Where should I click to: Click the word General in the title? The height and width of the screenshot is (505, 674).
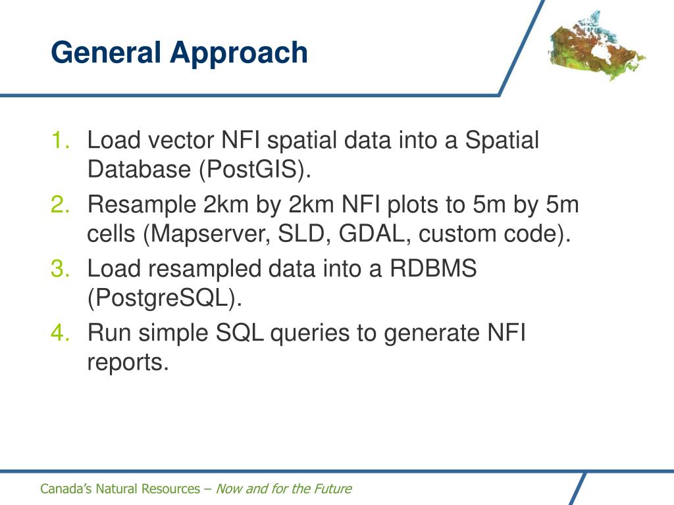[106, 53]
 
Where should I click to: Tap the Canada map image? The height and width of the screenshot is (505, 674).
[596, 47]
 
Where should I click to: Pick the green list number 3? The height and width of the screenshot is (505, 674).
[60, 268]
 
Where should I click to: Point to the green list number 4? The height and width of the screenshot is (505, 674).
[60, 332]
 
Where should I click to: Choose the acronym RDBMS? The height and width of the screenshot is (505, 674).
[433, 268]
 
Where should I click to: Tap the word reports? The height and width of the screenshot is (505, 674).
[128, 363]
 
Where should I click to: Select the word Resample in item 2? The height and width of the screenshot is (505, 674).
[142, 205]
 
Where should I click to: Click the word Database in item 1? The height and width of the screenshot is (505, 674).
[139, 169]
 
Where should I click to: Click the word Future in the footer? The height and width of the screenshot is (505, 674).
[333, 489]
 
